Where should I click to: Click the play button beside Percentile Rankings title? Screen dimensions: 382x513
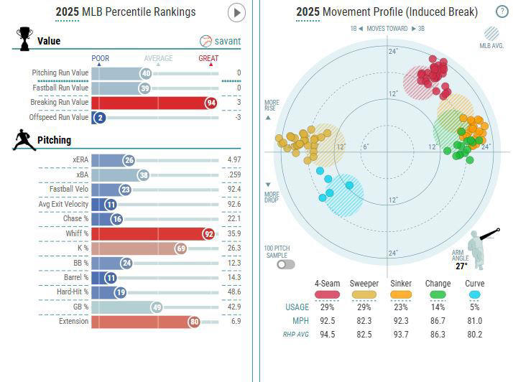coord(236,12)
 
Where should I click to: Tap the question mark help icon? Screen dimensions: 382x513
coord(502,11)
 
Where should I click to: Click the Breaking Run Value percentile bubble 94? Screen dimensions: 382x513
coord(211,103)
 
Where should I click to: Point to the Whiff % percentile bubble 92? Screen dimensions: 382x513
coord(209,233)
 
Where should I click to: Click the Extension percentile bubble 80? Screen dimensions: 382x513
coord(194,322)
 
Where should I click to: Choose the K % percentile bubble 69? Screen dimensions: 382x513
coord(181,248)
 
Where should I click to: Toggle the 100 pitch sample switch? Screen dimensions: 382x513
coord(285,264)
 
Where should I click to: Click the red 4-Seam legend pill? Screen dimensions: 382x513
coord(327,294)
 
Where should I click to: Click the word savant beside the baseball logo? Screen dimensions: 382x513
coord(228,42)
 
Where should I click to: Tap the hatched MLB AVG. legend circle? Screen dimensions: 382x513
coord(491,32)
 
